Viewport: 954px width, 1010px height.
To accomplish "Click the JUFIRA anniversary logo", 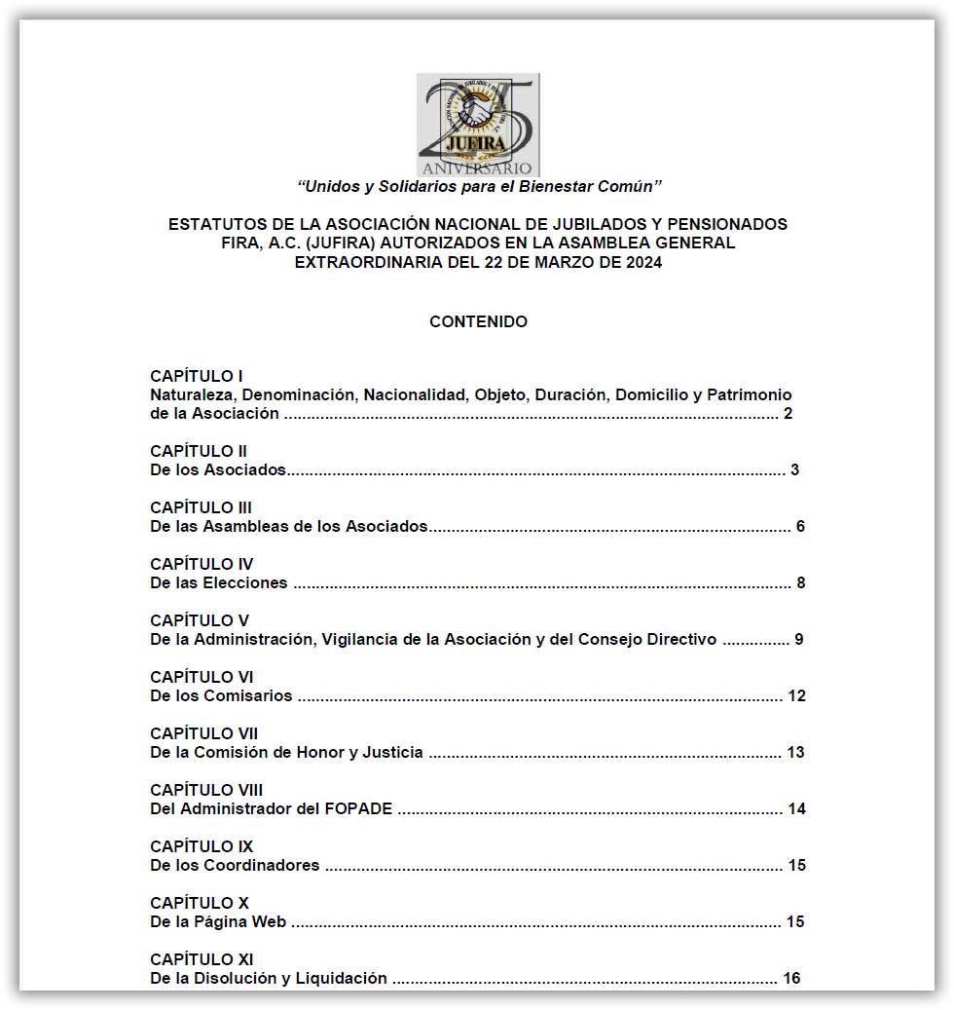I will coord(478,125).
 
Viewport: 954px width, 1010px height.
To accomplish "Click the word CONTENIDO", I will coord(478,321).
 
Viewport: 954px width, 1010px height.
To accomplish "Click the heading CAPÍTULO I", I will coord(196,376).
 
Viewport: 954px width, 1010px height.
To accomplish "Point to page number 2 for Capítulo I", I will coord(788,414).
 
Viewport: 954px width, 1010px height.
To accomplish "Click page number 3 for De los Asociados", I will coord(794,470).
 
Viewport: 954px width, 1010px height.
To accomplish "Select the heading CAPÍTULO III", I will coord(201,507).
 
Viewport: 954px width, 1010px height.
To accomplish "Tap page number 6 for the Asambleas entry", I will coord(800,527).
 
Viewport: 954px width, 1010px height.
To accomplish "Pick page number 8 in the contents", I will coord(800,583).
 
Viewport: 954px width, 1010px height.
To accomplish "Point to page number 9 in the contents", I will coord(798,640).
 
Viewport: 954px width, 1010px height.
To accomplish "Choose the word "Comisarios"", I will coord(248,696).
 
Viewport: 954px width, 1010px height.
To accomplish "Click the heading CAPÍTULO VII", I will coord(204,733).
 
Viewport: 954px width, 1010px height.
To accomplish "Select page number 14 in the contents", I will coord(796,809).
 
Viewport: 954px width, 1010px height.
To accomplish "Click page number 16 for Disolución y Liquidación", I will coord(791,979).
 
